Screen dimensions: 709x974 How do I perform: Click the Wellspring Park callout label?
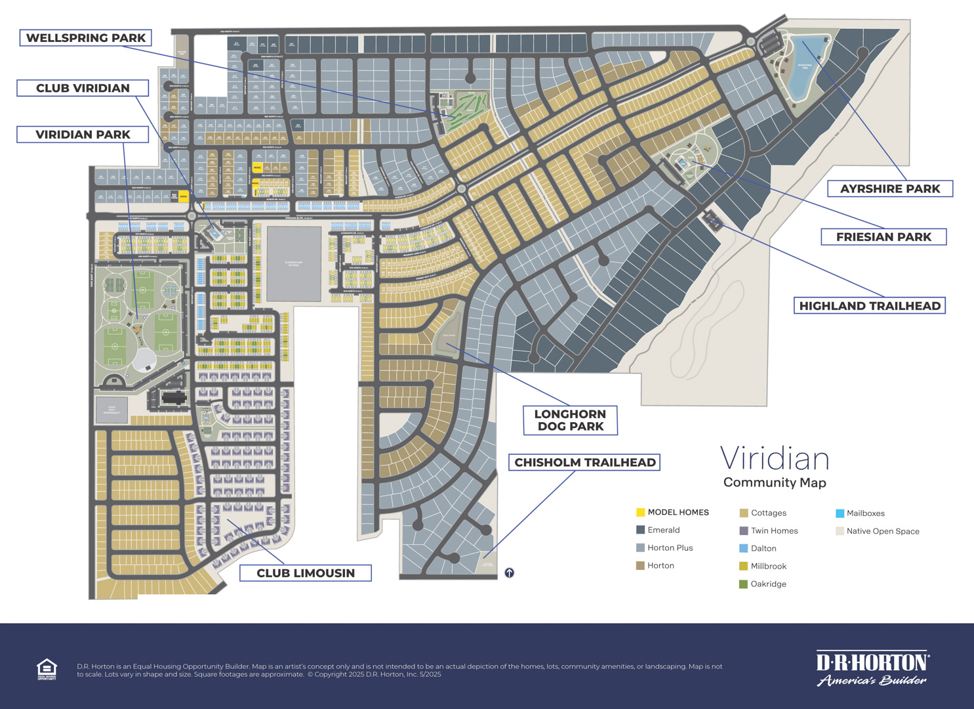coord(85,38)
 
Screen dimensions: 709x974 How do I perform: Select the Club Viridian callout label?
coord(83,88)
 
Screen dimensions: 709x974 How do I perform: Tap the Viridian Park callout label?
coord(83,135)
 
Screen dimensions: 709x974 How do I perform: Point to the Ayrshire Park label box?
coord(889,189)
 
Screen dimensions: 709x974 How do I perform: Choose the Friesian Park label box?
coord(883,237)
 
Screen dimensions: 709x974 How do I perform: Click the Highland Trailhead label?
coord(869,306)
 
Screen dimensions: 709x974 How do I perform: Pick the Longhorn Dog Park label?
coord(570,420)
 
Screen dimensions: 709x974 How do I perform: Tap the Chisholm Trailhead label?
coord(584,463)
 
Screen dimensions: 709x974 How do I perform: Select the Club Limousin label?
coord(305,573)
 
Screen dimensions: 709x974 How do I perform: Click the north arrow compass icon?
coord(510,573)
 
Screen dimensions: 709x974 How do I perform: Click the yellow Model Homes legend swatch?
coord(641,512)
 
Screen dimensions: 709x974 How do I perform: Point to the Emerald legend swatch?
coord(641,530)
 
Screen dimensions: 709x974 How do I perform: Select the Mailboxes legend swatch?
coord(840,513)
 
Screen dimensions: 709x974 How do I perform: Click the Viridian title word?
coord(775,459)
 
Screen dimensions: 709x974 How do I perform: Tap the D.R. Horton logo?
coord(872,669)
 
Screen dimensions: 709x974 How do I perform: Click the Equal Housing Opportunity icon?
coord(47,669)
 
